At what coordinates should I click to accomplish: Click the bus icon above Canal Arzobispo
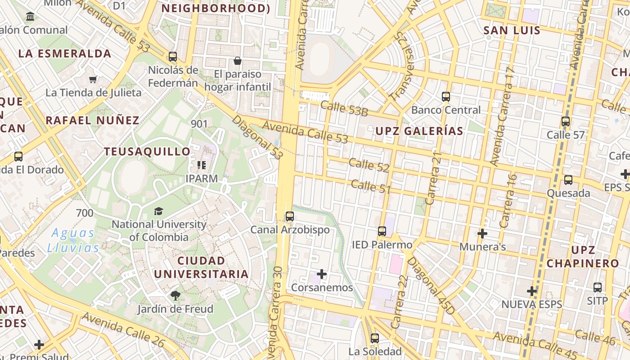coord(290,216)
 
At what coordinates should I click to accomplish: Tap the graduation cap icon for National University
coord(158,211)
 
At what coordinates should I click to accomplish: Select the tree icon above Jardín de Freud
coord(175,296)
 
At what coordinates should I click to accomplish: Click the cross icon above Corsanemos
coord(322,274)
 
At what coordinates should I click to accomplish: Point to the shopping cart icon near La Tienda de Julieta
coord(93,79)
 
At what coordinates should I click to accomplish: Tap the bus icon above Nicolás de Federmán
coord(173,57)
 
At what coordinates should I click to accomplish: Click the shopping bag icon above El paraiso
coord(238,61)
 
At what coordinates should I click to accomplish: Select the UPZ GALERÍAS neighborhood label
coord(419,131)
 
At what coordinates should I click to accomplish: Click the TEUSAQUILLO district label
coord(147,152)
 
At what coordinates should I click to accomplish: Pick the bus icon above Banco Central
coord(446,97)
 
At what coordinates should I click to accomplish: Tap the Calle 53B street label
coord(344,108)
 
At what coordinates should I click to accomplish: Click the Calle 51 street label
coord(370,186)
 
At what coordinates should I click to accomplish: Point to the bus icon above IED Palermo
coord(382,231)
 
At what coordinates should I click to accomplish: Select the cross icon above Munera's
coord(482,234)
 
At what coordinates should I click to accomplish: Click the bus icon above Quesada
coord(568,180)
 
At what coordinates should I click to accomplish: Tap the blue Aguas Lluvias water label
coord(73,240)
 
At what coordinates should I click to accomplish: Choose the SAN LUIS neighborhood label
coord(512,31)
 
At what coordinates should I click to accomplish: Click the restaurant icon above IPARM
coord(202,165)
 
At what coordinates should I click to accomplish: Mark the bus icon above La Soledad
coord(375,338)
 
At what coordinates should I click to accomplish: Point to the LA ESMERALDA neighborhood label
coord(65,54)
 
